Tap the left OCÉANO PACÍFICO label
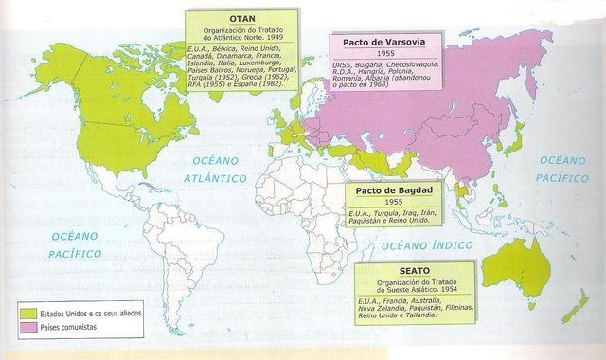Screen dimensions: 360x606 75,243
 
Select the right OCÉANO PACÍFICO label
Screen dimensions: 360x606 562,169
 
